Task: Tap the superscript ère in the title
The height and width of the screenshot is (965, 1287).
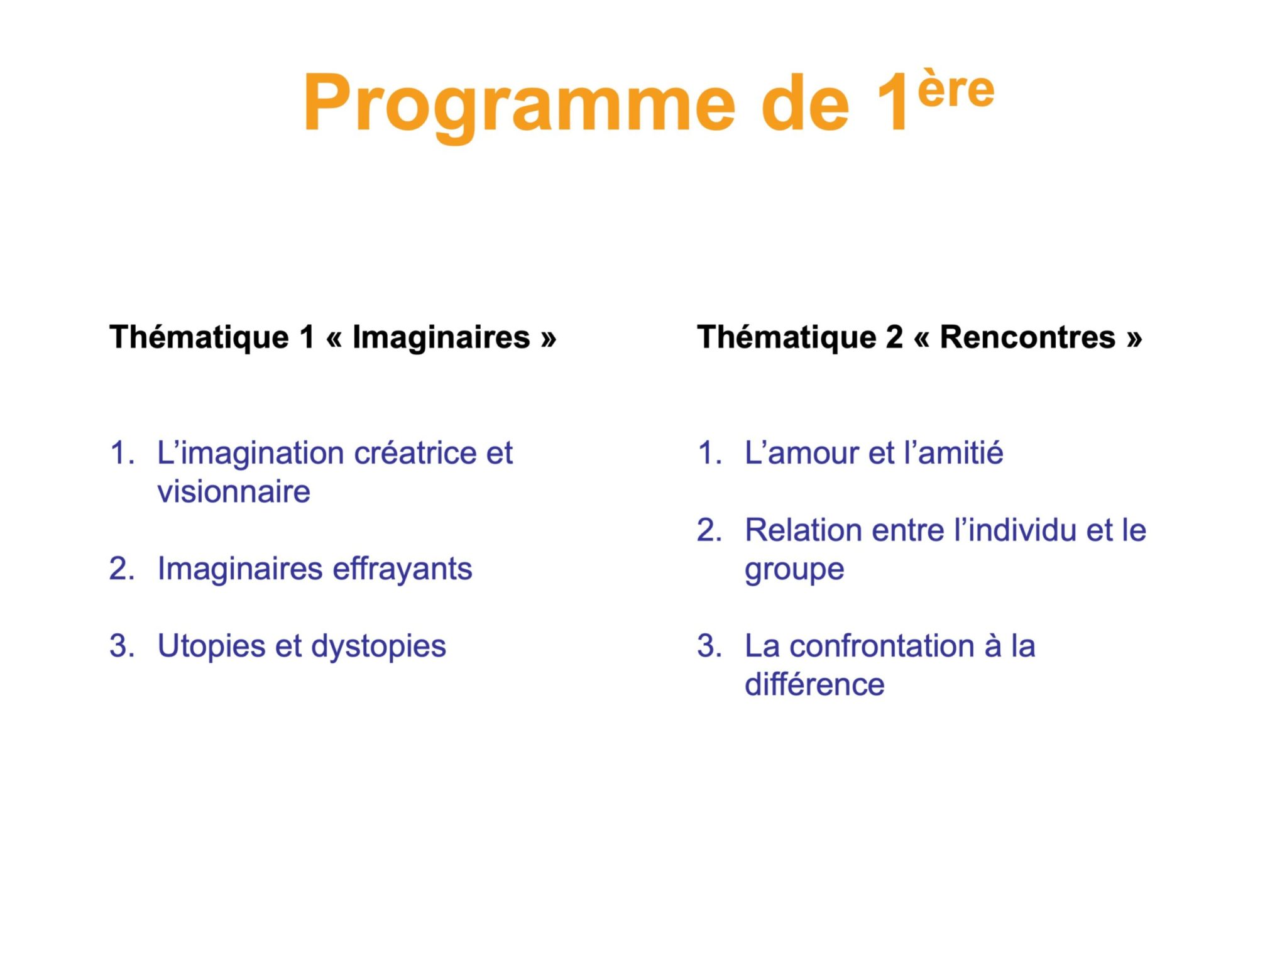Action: (x=956, y=89)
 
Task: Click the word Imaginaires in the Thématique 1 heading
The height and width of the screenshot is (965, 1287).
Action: (x=441, y=337)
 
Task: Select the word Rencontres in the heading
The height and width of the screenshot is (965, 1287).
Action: (x=1027, y=337)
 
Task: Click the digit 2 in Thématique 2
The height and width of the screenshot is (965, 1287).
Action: (x=894, y=337)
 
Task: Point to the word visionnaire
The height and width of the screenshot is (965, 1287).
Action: (x=234, y=492)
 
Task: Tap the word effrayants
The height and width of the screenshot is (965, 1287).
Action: (x=402, y=569)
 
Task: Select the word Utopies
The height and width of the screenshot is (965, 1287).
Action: (x=211, y=646)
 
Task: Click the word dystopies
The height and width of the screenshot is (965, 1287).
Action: (x=378, y=646)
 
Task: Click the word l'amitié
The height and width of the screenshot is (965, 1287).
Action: (x=953, y=454)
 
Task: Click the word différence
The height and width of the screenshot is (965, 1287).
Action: (x=814, y=685)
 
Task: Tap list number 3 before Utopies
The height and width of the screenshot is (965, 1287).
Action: (x=121, y=646)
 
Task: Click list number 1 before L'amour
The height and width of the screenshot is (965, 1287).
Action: (x=708, y=454)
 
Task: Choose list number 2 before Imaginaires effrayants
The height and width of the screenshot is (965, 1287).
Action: (x=121, y=569)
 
